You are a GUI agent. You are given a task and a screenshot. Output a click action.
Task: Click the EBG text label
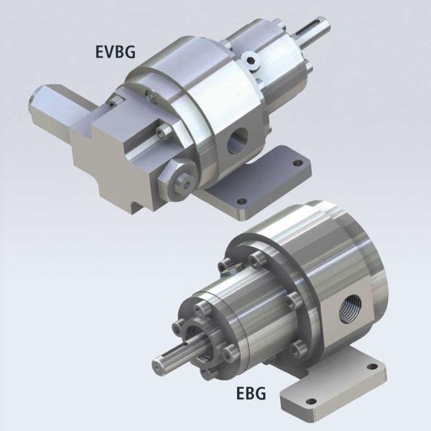(x=251, y=394)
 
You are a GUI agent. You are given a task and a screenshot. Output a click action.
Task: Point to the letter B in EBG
(x=251, y=394)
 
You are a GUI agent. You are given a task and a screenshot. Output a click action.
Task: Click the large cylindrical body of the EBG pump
(x=323, y=259)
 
